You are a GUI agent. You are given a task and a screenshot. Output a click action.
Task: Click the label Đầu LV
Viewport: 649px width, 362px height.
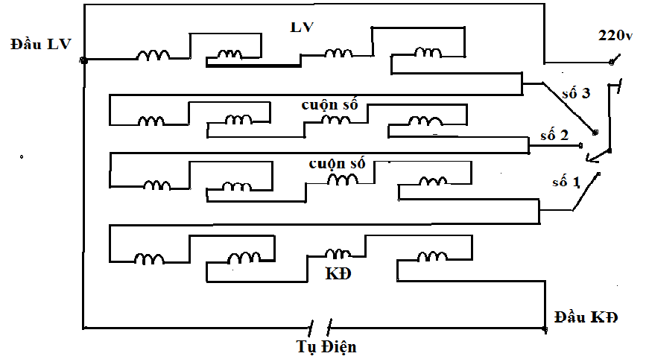point(40,44)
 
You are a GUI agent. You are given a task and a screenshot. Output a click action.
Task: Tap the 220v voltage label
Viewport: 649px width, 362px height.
point(615,36)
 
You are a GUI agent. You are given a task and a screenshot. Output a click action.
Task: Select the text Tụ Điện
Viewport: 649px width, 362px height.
point(326,346)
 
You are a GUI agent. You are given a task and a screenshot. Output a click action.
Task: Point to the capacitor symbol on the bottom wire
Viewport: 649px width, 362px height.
point(320,327)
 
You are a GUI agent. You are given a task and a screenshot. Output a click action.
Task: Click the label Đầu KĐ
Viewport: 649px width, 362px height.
point(586,317)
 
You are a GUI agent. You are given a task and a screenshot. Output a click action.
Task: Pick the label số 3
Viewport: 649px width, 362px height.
point(576,94)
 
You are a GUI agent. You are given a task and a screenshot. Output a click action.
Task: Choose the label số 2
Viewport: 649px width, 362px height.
point(554,136)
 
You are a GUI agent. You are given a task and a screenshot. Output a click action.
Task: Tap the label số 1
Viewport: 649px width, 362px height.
point(566,182)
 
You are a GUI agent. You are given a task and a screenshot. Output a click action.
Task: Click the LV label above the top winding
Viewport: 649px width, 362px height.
point(302,28)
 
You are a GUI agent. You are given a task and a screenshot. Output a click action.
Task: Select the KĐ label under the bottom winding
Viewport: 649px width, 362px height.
point(338,273)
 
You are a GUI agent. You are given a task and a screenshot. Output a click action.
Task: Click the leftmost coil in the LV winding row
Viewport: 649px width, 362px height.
point(153,55)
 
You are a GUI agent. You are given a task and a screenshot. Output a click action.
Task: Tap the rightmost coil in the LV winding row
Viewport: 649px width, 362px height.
point(428,52)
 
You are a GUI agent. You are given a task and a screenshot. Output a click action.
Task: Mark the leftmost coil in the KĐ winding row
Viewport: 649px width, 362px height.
point(149,259)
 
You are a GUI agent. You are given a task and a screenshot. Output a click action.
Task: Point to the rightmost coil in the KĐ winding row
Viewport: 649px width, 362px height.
point(432,256)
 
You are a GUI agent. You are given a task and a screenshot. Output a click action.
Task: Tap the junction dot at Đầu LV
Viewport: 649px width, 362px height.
point(83,60)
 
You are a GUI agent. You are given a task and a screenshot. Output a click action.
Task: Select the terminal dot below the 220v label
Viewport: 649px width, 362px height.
point(612,63)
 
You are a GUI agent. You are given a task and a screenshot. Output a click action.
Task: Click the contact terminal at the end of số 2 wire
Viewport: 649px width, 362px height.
point(580,146)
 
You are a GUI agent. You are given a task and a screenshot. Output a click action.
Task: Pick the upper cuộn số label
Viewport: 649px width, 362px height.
point(329,105)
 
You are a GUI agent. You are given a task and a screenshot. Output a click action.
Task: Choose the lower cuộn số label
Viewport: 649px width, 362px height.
point(337,163)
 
